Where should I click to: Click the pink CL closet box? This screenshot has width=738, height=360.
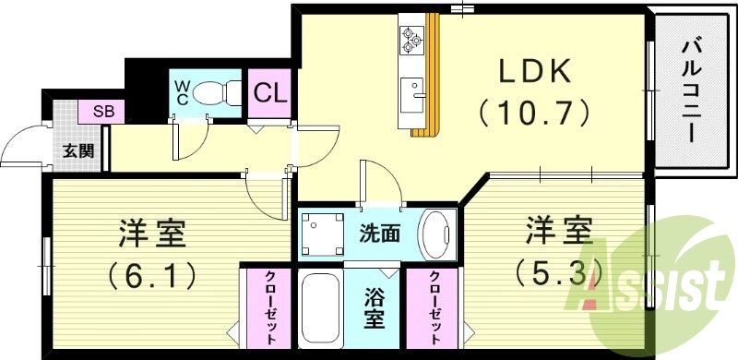(269, 93)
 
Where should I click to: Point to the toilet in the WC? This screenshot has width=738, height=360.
(210, 93)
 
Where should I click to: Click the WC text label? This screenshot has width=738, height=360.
(182, 92)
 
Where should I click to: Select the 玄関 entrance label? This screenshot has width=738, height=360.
(77, 150)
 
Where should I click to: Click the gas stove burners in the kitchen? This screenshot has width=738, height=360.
(411, 39)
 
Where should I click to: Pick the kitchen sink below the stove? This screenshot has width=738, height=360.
(411, 92)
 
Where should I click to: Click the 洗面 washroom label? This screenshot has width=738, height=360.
(379, 233)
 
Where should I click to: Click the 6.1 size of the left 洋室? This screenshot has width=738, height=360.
(153, 274)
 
